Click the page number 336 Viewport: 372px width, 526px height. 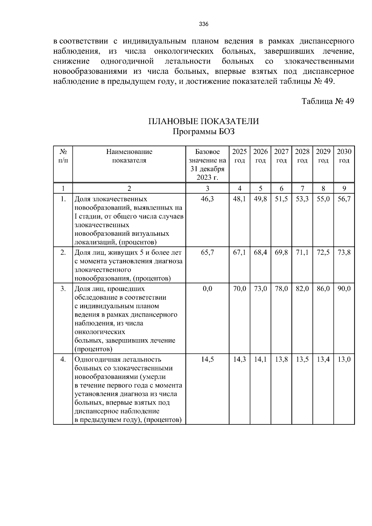[204, 24]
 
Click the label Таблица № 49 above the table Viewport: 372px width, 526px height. [328, 102]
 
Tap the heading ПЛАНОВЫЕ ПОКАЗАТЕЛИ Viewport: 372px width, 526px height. [204, 121]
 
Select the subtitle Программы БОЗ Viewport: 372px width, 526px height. [204, 132]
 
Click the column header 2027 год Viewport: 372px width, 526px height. [281, 156]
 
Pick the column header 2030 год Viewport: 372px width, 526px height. [344, 156]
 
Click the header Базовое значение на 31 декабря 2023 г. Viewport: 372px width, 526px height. [207, 164]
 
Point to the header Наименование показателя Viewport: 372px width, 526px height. [129, 156]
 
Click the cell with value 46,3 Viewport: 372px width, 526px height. [207, 199]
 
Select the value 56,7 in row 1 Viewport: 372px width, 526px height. [344, 199]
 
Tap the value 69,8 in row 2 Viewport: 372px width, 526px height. [281, 253]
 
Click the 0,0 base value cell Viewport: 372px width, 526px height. [207, 289]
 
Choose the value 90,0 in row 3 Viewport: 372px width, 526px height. [344, 289]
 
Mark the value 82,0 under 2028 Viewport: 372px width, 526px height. [302, 289]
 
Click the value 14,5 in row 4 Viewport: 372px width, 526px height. [207, 360]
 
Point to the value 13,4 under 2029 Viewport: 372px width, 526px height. [323, 360]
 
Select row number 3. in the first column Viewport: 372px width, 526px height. [63, 289]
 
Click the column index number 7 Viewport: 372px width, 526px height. [302, 188]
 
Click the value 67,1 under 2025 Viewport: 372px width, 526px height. [239, 253]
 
